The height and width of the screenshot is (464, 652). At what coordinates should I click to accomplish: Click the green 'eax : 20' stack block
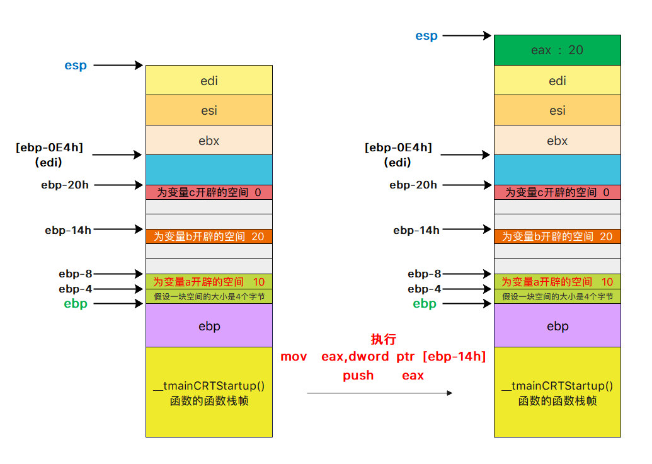(x=557, y=50)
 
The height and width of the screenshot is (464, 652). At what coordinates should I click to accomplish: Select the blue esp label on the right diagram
(x=426, y=36)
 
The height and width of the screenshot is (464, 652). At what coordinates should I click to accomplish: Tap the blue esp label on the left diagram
(x=76, y=65)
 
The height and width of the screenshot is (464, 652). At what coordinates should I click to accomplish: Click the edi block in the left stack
(x=209, y=80)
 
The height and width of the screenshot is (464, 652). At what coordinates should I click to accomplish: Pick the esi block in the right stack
(x=557, y=110)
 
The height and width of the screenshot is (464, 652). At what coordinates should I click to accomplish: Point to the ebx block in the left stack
(x=209, y=141)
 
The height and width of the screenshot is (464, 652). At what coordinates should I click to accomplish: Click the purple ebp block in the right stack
(x=557, y=326)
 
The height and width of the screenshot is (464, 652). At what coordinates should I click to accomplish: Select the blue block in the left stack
(x=209, y=170)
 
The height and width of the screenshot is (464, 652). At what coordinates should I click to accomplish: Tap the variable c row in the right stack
(x=557, y=192)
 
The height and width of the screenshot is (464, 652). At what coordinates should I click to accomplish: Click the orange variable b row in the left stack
(x=209, y=236)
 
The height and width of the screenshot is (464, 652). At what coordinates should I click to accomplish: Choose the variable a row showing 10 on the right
(x=557, y=282)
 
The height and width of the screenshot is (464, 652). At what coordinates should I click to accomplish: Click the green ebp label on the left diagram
(x=76, y=304)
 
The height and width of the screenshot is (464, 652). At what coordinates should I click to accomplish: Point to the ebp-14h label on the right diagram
(x=416, y=230)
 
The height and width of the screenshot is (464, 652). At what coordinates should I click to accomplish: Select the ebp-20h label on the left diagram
(x=65, y=185)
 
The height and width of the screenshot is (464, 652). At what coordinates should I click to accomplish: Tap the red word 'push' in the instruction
(x=358, y=376)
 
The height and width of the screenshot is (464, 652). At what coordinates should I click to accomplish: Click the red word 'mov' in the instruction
(x=294, y=357)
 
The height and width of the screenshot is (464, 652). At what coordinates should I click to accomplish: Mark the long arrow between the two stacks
(x=379, y=393)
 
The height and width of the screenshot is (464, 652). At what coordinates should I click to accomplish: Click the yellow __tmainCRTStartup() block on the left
(x=209, y=392)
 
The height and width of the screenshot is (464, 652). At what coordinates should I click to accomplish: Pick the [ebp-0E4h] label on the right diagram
(x=398, y=148)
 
